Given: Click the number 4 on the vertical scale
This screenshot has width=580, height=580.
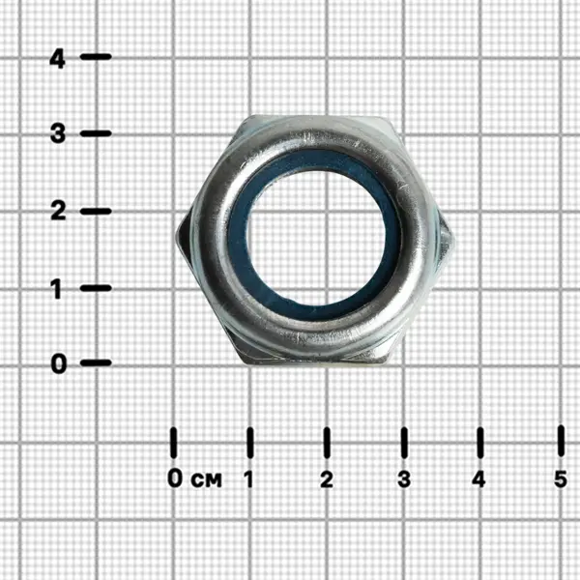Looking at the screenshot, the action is (x=58, y=59).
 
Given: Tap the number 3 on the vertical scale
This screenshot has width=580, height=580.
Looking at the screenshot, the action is (x=58, y=133).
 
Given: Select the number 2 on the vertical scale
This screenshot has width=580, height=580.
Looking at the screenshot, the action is (x=58, y=211).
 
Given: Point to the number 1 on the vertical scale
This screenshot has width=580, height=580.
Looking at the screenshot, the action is (x=56, y=288).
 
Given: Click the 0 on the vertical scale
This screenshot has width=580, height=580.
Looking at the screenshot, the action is (x=58, y=363).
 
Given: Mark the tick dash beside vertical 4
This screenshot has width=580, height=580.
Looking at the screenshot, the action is (x=96, y=57).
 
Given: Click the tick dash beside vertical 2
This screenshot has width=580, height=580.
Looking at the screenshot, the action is (x=96, y=211).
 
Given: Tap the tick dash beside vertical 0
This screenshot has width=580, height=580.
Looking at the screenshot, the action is (x=96, y=362).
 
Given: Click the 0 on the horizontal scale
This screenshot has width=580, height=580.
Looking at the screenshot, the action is (x=175, y=478).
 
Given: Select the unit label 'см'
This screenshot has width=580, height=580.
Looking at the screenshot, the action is (x=207, y=480).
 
